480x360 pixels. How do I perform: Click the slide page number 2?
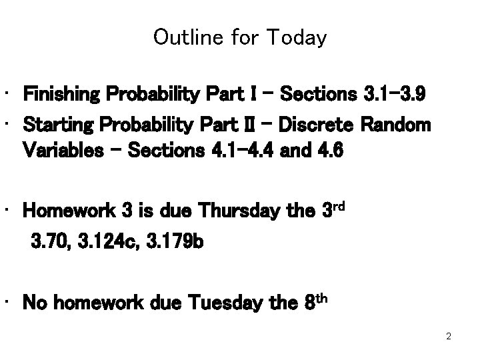[449, 337]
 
